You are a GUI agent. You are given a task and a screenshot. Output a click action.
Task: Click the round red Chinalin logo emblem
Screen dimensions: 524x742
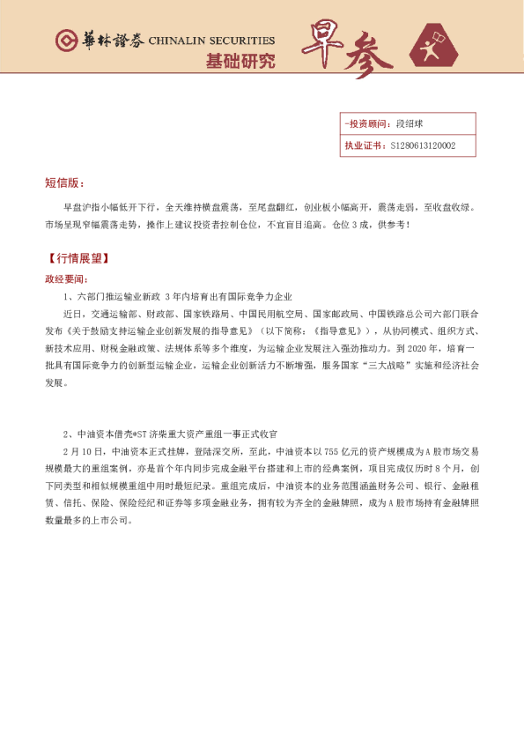(66, 41)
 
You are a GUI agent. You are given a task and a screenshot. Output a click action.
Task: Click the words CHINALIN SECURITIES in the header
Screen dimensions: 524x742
(211, 41)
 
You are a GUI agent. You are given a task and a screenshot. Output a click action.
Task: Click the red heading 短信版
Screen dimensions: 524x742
(63, 183)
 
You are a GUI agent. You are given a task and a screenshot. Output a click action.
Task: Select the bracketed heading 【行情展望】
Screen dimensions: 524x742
(77, 259)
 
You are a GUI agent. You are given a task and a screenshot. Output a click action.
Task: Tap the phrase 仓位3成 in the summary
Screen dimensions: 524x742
(346, 225)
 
